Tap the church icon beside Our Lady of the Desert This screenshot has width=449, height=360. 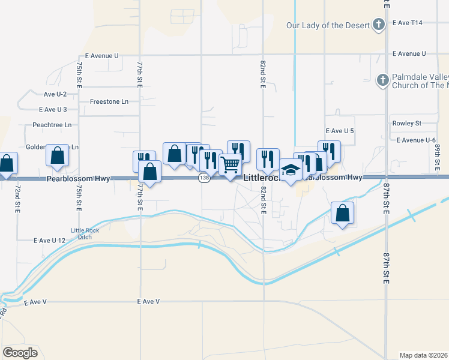tap(378, 25)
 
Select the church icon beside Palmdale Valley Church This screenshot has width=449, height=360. tap(382, 80)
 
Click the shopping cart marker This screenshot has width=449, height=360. tap(231, 164)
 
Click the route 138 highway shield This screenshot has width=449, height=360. tap(205, 178)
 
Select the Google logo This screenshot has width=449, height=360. tap(20, 353)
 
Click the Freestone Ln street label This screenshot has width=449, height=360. tap(109, 101)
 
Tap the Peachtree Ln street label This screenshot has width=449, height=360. tap(52, 125)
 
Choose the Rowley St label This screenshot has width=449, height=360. tap(407, 123)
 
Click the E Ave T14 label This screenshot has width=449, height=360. tap(408, 23)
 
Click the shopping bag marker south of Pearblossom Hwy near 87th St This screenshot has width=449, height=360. tap(342, 212)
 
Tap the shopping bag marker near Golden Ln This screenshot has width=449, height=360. tap(57, 155)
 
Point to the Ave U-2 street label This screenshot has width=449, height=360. tap(55, 94)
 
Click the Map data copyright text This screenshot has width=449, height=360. tap(423, 355)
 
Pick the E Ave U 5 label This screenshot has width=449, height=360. tap(340, 131)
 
